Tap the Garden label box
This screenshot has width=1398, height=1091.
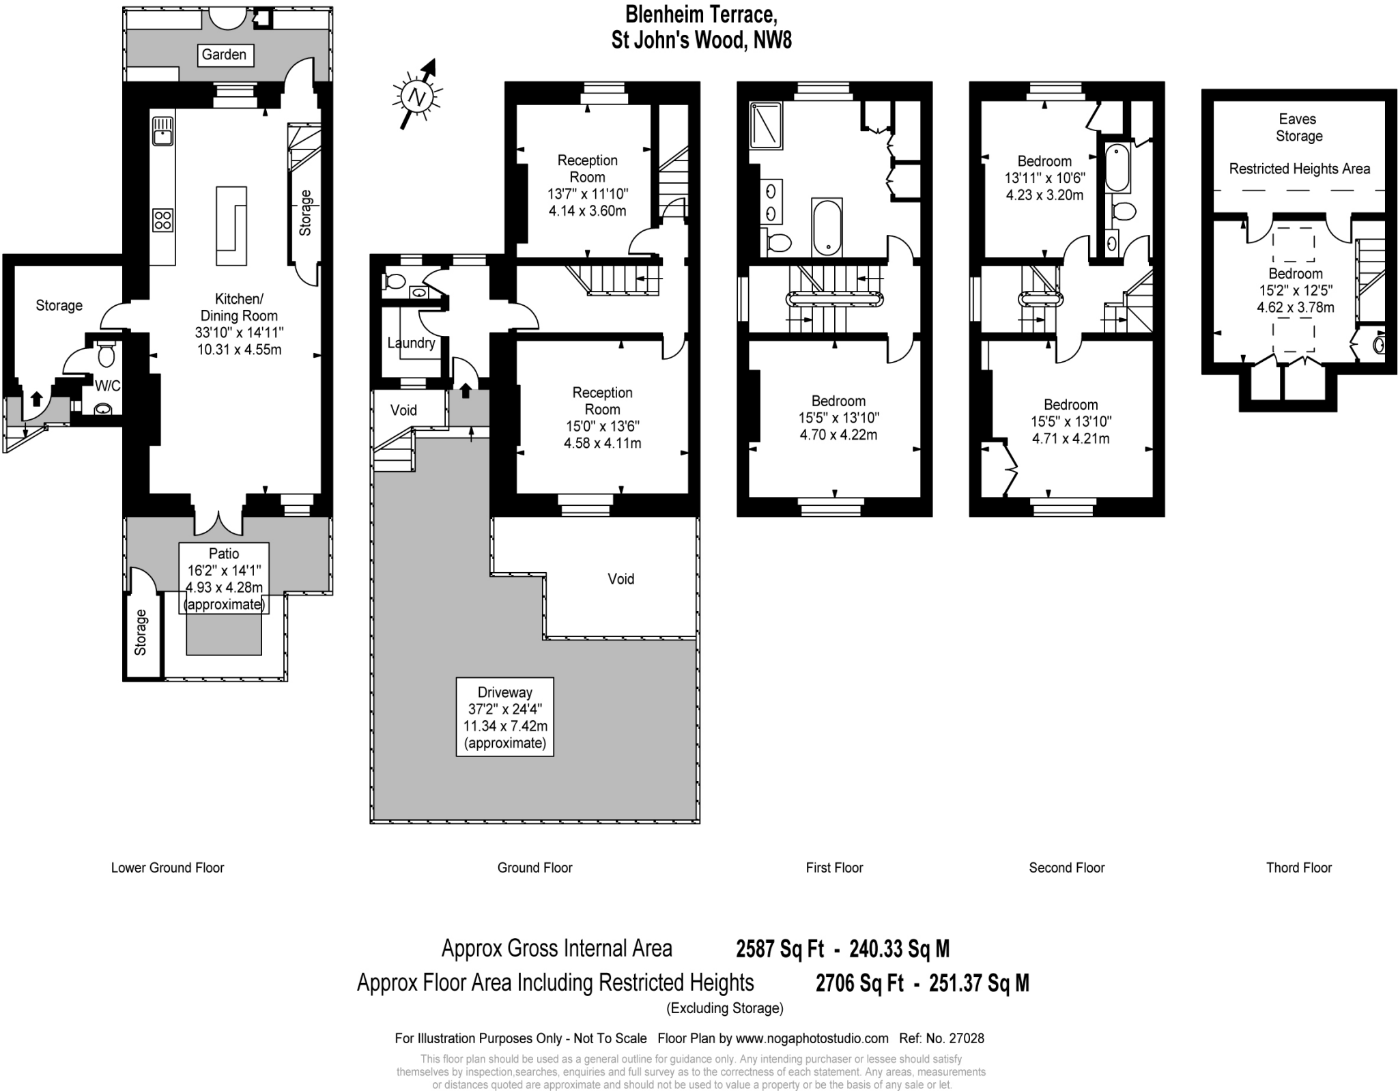(x=224, y=55)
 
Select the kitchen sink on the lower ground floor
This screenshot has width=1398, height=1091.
(x=162, y=130)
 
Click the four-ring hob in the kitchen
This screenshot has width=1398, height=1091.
(x=162, y=220)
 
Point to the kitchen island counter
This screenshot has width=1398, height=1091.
(x=231, y=225)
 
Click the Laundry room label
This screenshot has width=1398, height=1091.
(x=411, y=343)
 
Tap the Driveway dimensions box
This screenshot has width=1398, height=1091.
(x=504, y=717)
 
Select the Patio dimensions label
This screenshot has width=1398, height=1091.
(x=224, y=578)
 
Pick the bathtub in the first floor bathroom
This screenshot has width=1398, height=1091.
(x=827, y=226)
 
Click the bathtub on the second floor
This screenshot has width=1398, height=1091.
(x=1117, y=167)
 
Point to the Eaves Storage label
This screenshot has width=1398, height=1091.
(x=1298, y=128)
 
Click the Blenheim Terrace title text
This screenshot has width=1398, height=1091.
(x=701, y=14)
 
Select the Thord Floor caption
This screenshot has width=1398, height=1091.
(x=1298, y=868)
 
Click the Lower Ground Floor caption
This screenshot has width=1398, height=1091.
(x=167, y=868)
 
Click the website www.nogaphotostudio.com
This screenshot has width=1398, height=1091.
(x=812, y=1038)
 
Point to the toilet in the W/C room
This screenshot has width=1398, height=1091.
(x=106, y=354)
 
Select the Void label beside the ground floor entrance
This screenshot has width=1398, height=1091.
(x=403, y=410)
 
